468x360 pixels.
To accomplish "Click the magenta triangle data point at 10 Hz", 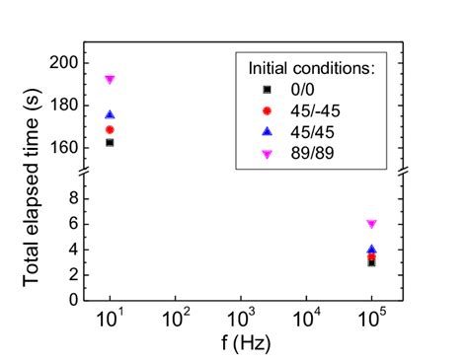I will pos(110,79).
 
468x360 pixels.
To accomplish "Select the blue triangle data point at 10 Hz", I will pos(110,114).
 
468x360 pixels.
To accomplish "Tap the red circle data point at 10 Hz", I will pos(110,129).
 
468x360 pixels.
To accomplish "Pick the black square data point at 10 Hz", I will pos(110,142).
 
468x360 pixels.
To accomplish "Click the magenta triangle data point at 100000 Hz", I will pos(371,224).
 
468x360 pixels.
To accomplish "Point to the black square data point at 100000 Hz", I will pos(371,262).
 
